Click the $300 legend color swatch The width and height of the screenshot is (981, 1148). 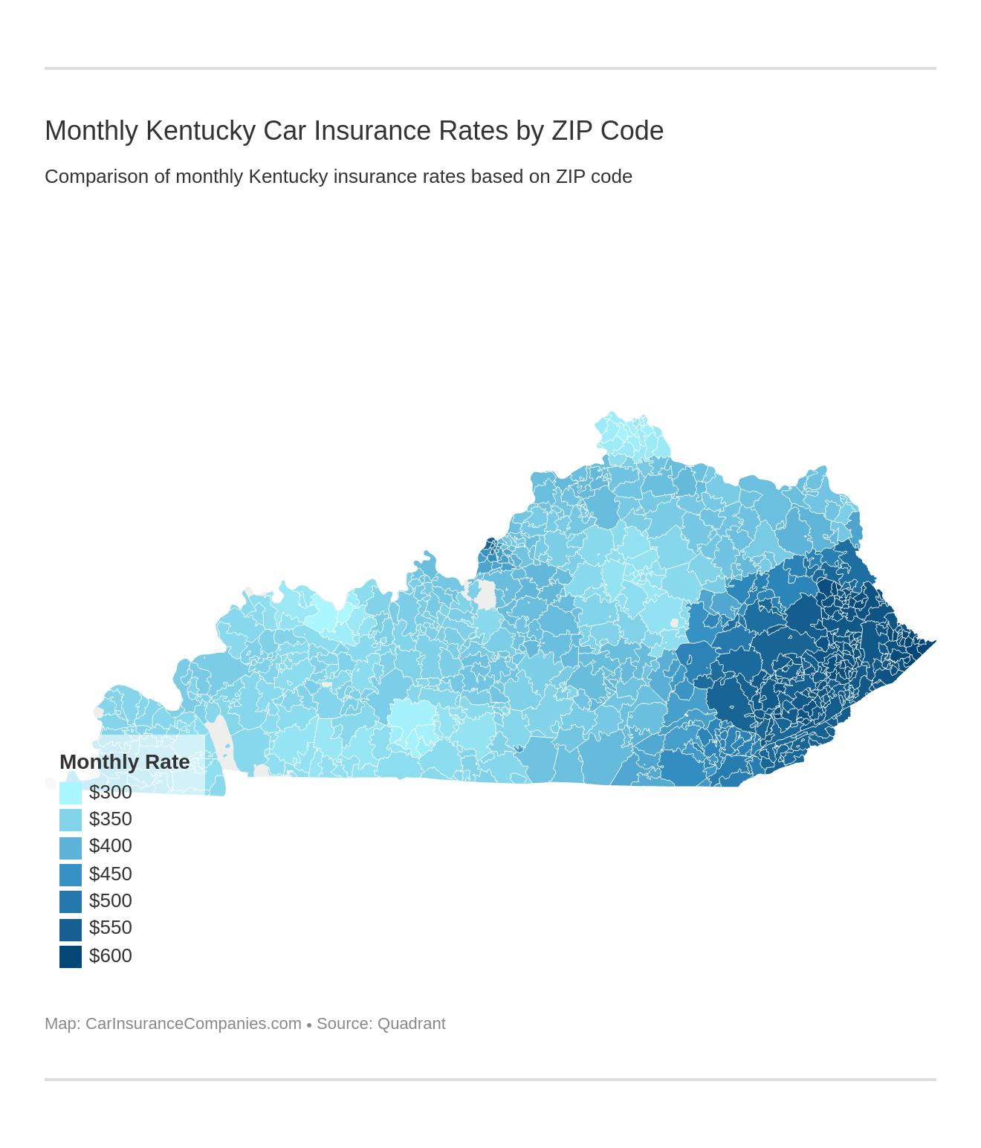click(71, 793)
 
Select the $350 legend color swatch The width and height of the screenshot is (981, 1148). click(71, 819)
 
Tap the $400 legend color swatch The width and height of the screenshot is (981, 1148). click(71, 847)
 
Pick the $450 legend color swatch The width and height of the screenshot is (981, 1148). click(71, 874)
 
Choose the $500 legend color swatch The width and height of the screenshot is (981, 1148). click(71, 901)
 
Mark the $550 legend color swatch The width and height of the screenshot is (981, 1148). click(71, 929)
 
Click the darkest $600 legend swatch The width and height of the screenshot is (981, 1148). click(71, 956)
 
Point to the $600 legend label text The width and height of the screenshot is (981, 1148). click(111, 956)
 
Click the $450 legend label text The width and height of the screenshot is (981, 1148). click(111, 874)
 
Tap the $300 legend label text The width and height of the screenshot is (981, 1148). click(111, 793)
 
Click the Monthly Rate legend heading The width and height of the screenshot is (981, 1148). click(125, 762)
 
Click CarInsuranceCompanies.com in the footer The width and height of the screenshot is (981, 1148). click(193, 1024)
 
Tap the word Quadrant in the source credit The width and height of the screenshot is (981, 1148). click(412, 1024)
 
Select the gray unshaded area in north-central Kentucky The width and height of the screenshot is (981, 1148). click(485, 595)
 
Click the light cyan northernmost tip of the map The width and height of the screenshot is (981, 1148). click(611, 416)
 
